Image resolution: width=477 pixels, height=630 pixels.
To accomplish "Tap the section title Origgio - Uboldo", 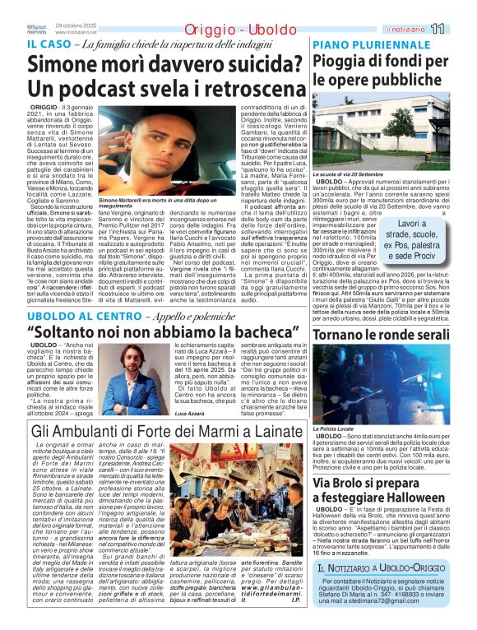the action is click(213, 30).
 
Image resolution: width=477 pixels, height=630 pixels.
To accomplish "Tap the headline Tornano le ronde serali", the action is click(381, 336).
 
